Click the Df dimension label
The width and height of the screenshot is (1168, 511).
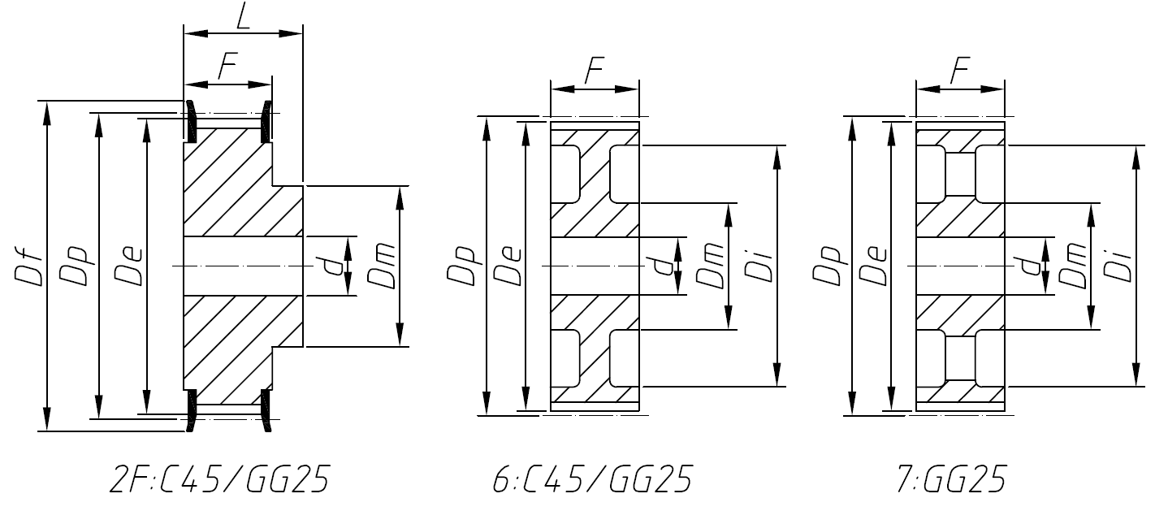28,267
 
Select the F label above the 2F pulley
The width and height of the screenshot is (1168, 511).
227,68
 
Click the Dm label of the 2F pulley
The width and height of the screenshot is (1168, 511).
382,267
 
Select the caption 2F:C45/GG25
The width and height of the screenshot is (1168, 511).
219,480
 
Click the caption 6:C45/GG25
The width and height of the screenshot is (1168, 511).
592,480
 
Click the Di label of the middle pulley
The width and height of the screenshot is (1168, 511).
759,267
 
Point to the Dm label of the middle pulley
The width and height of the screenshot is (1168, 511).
709,267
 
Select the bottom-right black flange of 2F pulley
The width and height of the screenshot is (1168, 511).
266,411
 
